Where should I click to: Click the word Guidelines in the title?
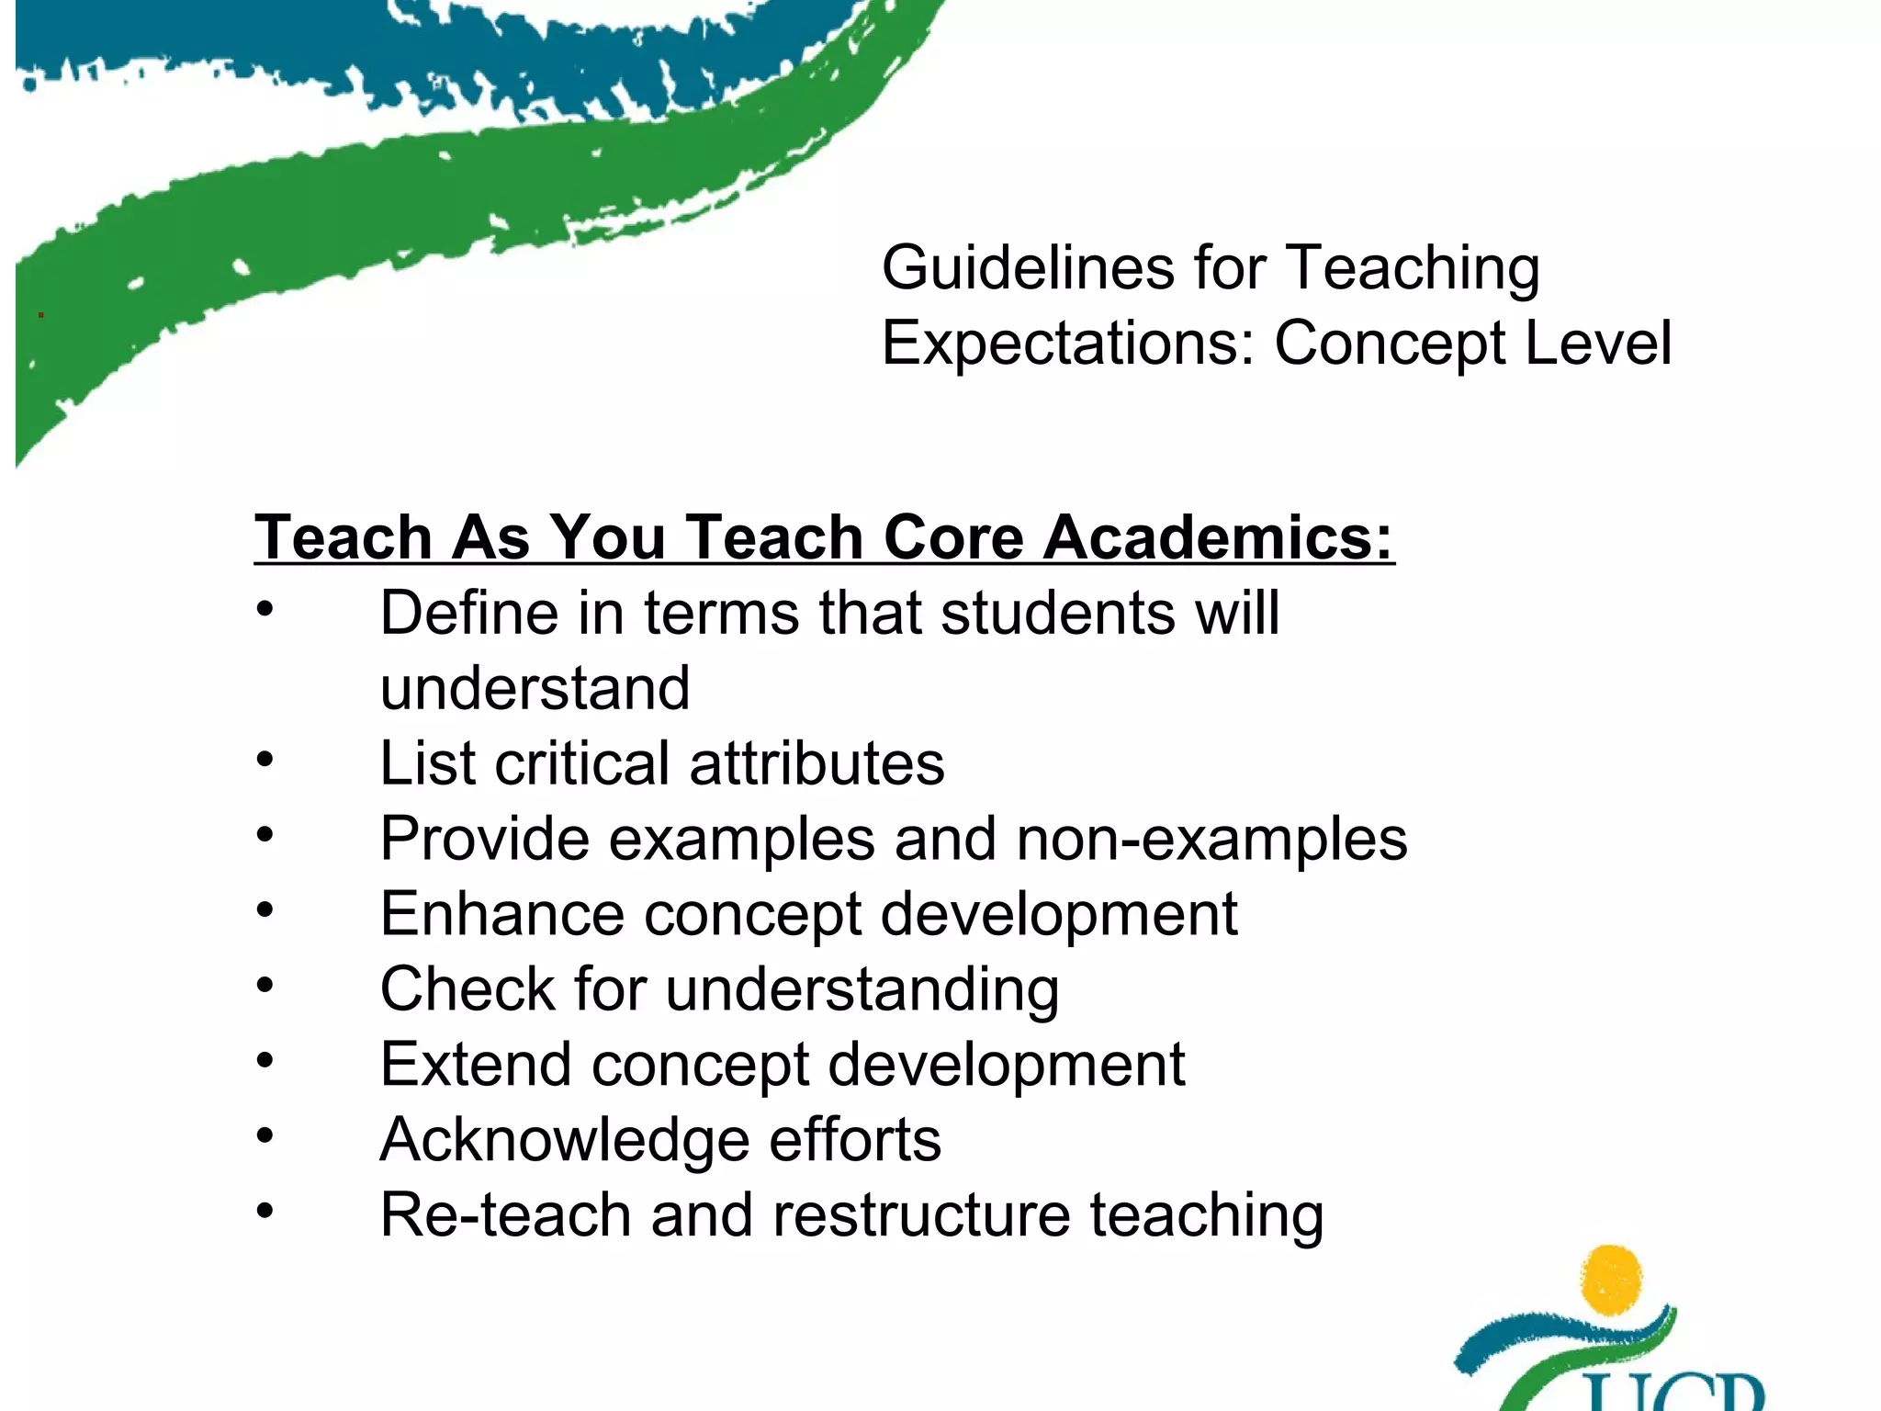click(1028, 268)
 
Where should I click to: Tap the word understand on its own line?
click(535, 688)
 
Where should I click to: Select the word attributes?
click(817, 763)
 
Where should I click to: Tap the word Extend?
click(476, 1065)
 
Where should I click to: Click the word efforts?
click(854, 1140)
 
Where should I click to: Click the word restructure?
click(921, 1215)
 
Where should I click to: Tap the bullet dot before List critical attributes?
click(265, 760)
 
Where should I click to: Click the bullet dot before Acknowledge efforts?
click(265, 1136)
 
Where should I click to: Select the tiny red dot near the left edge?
click(40, 315)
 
